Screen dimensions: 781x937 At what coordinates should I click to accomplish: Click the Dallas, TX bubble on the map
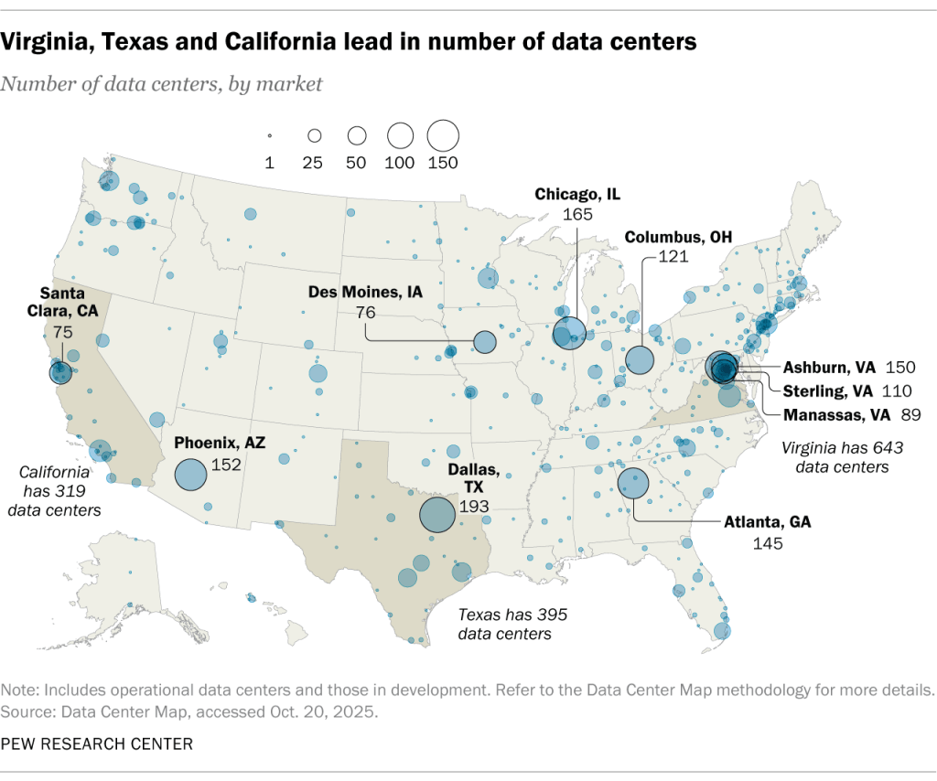coord(438,514)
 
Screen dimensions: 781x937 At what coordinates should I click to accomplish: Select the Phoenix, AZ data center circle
coord(190,475)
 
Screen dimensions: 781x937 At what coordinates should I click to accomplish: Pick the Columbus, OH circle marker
coord(640,359)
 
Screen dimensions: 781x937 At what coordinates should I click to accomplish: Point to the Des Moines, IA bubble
coord(484,343)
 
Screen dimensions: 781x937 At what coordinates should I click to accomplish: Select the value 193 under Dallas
coord(475,506)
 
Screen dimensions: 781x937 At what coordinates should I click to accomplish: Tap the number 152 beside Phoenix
coord(225,465)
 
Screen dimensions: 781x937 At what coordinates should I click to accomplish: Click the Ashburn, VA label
coord(829,368)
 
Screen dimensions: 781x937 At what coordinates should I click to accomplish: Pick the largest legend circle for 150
coord(443,135)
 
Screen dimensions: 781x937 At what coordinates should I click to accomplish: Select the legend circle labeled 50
coord(357,135)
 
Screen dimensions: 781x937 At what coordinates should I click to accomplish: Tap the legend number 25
coord(313,163)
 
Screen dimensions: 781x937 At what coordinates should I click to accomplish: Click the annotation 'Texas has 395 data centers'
coord(505,625)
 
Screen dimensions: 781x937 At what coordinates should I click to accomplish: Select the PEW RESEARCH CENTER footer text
coord(97,744)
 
